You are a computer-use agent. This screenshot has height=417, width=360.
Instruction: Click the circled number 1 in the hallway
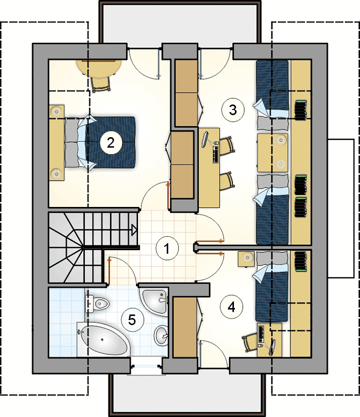click(x=167, y=248)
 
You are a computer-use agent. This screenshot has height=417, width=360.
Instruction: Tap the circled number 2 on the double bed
click(x=111, y=142)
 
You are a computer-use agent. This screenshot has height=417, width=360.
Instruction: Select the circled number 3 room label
click(x=233, y=109)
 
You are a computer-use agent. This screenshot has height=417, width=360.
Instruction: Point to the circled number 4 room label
click(x=231, y=307)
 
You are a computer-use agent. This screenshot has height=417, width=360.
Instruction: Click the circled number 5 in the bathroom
click(x=132, y=320)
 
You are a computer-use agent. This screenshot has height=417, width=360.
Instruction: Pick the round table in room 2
click(x=99, y=68)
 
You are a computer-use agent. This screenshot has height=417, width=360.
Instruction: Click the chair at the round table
click(x=101, y=83)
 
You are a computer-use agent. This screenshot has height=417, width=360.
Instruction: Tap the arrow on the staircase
click(x=134, y=229)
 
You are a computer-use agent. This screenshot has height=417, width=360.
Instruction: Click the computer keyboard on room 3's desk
click(x=216, y=154)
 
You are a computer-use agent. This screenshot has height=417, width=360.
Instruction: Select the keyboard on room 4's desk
click(x=260, y=334)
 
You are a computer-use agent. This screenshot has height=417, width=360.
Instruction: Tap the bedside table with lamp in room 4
click(x=247, y=259)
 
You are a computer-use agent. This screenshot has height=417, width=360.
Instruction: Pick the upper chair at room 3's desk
click(x=228, y=146)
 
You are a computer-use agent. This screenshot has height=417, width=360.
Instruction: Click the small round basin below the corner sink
click(x=161, y=336)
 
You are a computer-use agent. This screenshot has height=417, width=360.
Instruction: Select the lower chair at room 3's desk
click(x=228, y=181)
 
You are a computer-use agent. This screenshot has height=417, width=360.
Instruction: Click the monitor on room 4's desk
click(x=272, y=347)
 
